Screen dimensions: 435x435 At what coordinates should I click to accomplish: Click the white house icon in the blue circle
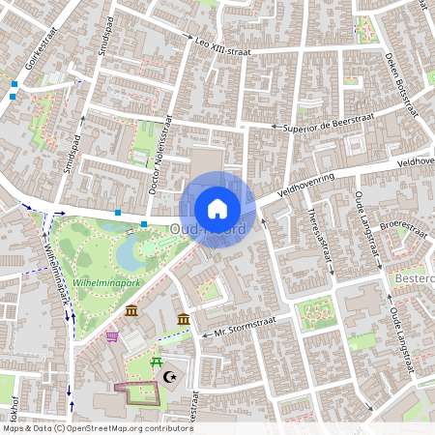click(x=217, y=208)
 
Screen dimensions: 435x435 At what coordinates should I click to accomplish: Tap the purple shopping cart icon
click(x=112, y=336)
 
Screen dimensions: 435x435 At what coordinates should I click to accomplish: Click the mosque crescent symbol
click(x=171, y=376)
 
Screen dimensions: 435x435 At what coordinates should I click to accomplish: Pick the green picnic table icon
click(x=155, y=362)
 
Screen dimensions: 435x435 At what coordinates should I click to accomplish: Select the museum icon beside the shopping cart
click(x=131, y=310)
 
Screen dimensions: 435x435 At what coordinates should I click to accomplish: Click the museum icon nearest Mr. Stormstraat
click(x=183, y=319)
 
